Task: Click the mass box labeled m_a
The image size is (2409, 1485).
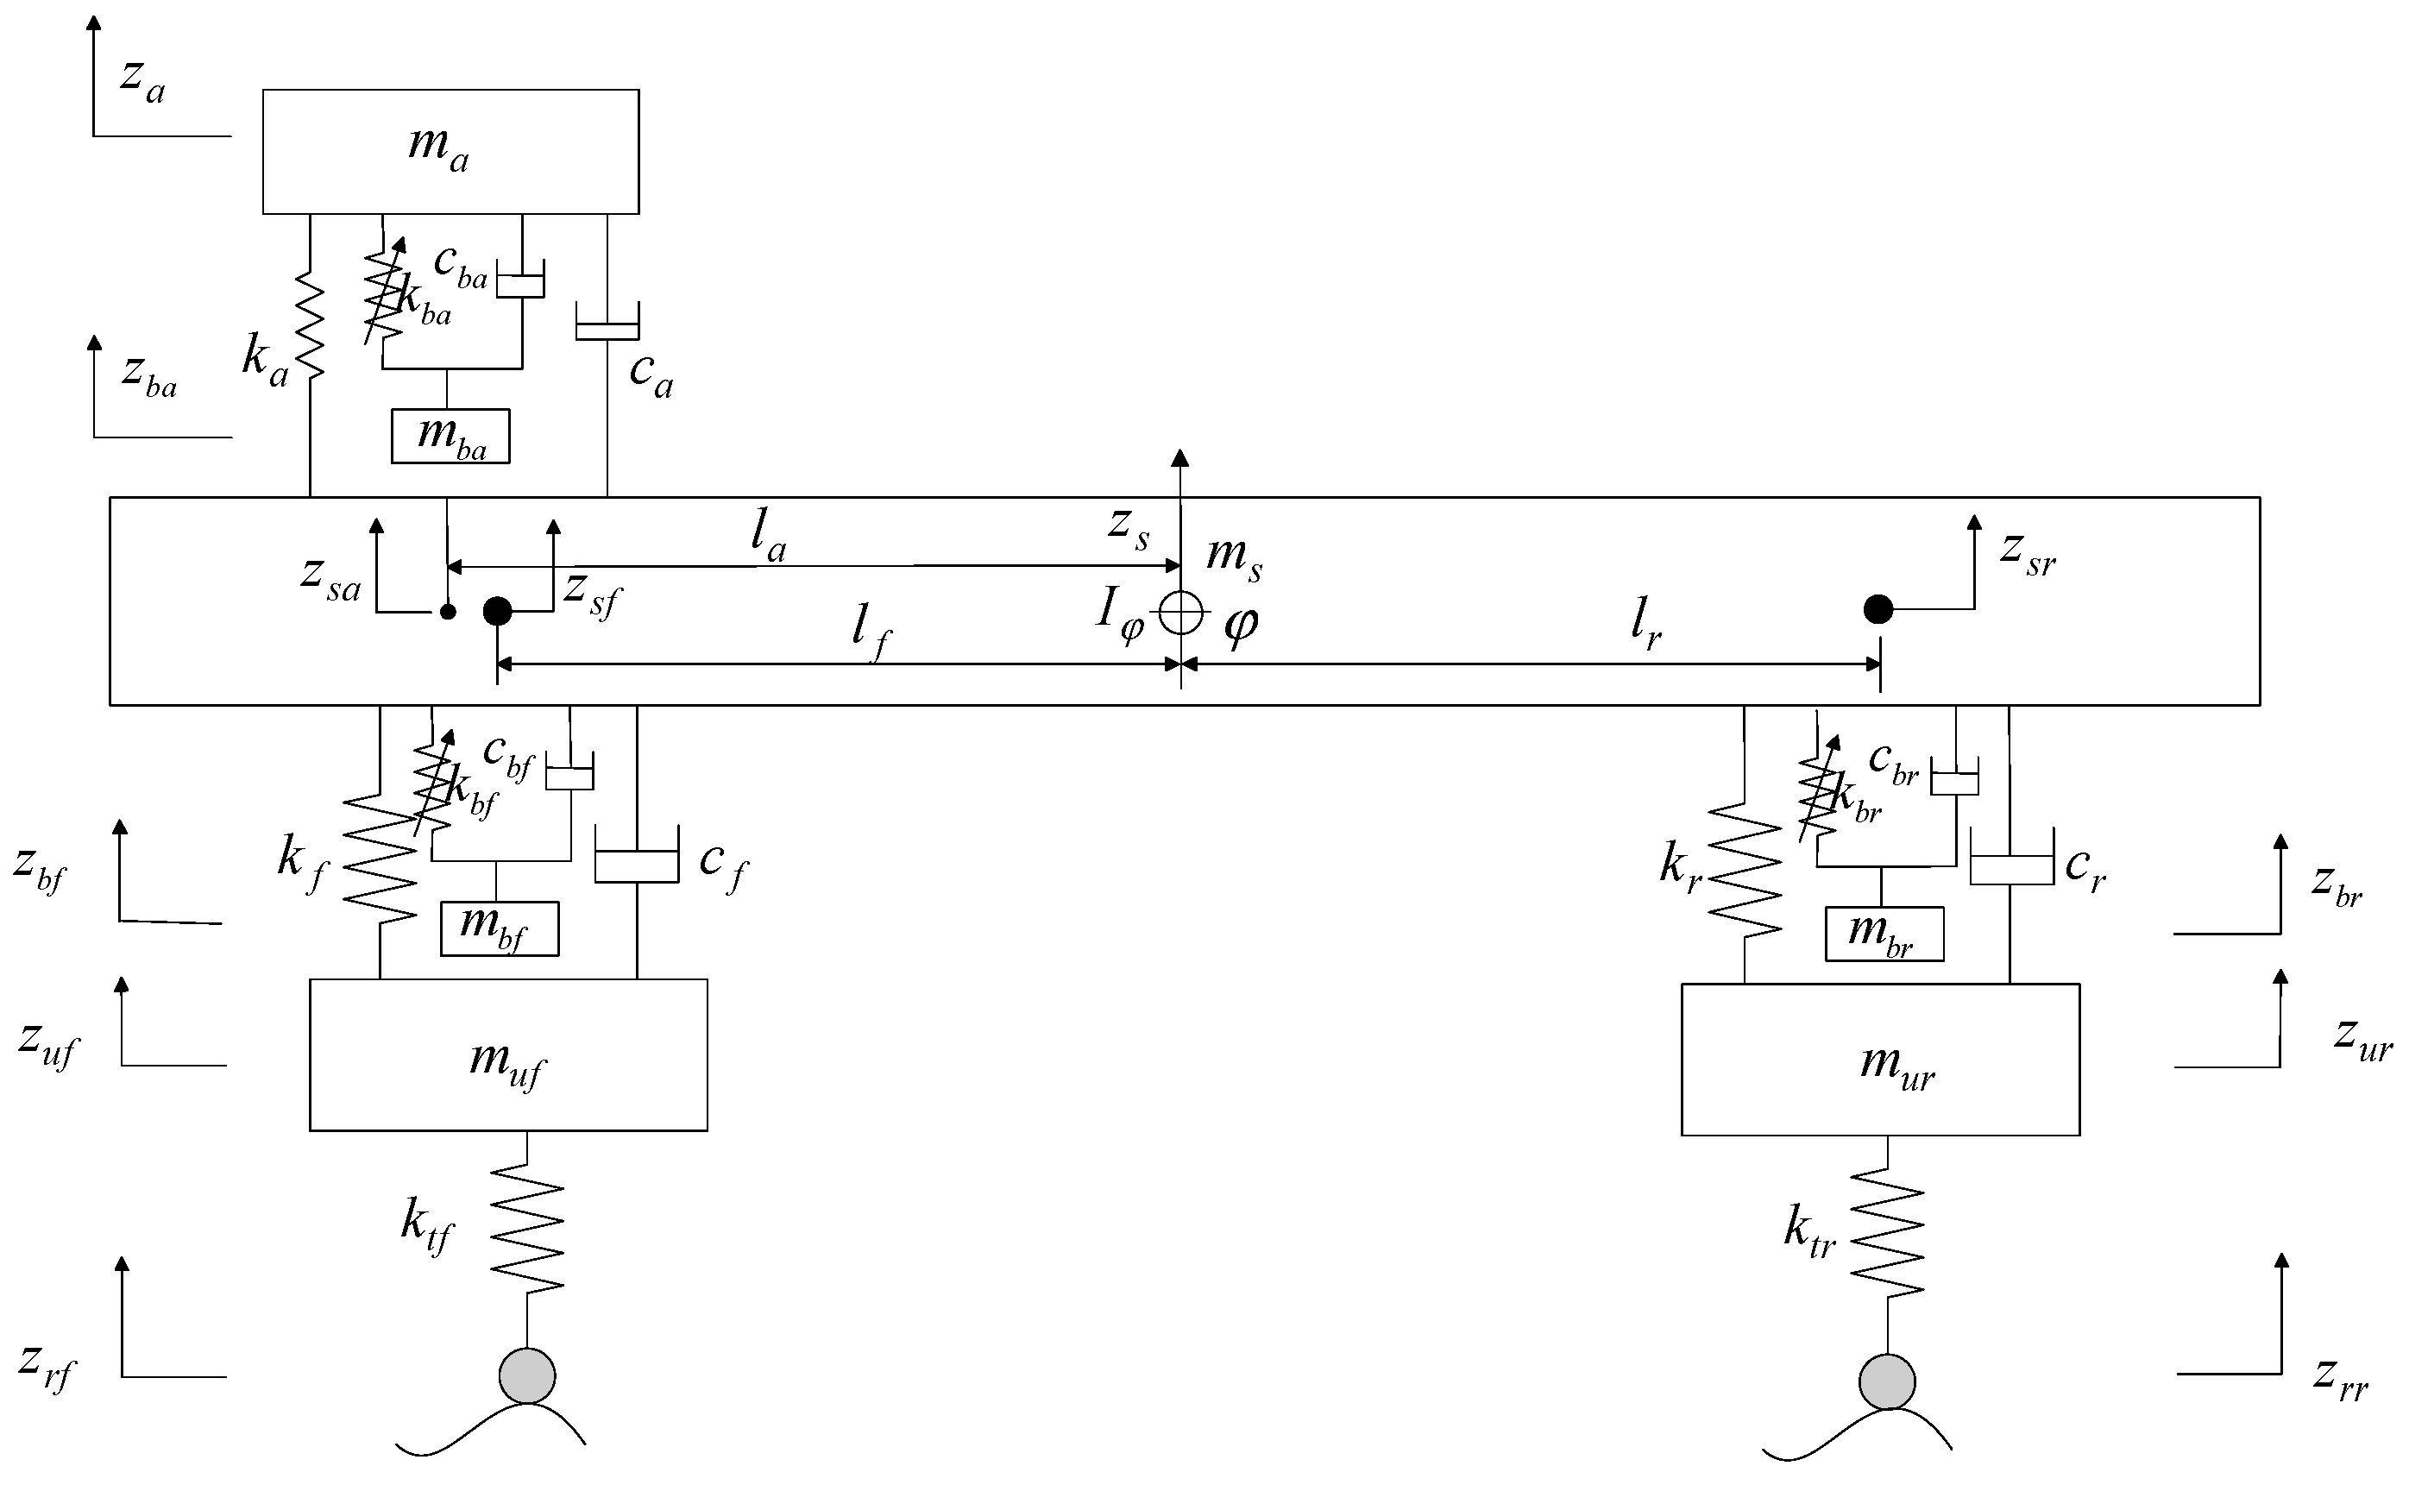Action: (x=450, y=151)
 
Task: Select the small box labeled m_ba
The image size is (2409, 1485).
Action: (x=450, y=435)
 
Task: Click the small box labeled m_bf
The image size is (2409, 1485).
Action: (x=499, y=928)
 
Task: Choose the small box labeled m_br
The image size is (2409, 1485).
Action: (x=1883, y=933)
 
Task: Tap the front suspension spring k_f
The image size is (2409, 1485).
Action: (x=380, y=859)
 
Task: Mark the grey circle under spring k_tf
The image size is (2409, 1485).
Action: (x=527, y=1375)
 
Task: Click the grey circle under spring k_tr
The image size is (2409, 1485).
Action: (x=1886, y=1381)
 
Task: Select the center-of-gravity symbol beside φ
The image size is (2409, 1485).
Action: (x=1179, y=614)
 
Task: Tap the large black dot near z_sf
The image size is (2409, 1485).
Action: (x=497, y=611)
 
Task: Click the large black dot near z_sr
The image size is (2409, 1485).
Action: (x=1878, y=609)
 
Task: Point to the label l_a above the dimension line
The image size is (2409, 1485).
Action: (x=768, y=536)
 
